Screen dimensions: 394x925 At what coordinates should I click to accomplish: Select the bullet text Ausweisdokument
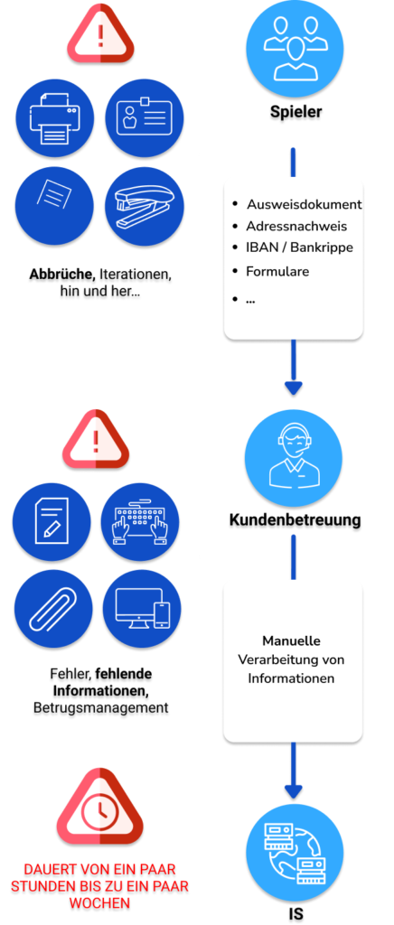coord(305,204)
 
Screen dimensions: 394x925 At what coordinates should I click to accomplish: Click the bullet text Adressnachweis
coord(297,226)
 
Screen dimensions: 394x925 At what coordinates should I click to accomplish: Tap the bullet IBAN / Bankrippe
coord(300,248)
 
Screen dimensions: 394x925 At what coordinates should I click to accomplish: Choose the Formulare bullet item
coord(277,271)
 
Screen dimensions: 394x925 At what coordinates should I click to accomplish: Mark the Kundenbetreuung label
coord(295,520)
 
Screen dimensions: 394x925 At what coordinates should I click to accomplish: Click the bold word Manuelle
coord(291,640)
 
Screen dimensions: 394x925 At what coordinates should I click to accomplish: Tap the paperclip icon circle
coord(53,612)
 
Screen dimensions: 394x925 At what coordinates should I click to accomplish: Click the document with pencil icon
coord(52,521)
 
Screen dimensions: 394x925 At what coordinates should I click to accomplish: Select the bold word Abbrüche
coord(63,275)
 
